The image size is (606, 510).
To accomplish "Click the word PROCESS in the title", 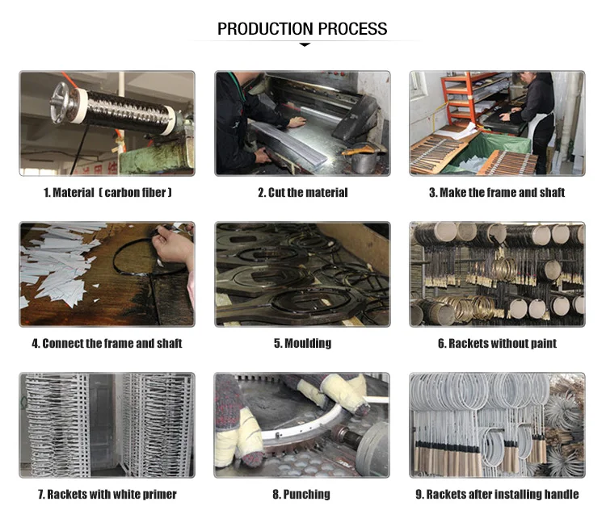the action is (353, 29).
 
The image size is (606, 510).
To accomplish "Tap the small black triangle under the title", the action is (305, 44).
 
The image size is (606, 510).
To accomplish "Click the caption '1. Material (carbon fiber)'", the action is (107, 192).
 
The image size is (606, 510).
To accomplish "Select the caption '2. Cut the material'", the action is (303, 192).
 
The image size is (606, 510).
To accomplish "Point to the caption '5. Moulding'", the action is (303, 343).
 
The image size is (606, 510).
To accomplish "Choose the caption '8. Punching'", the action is (301, 494).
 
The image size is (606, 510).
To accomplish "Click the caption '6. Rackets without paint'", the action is (497, 343).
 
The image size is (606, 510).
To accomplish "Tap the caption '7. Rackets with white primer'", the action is (107, 494).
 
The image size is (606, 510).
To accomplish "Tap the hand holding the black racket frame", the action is (172, 245).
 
